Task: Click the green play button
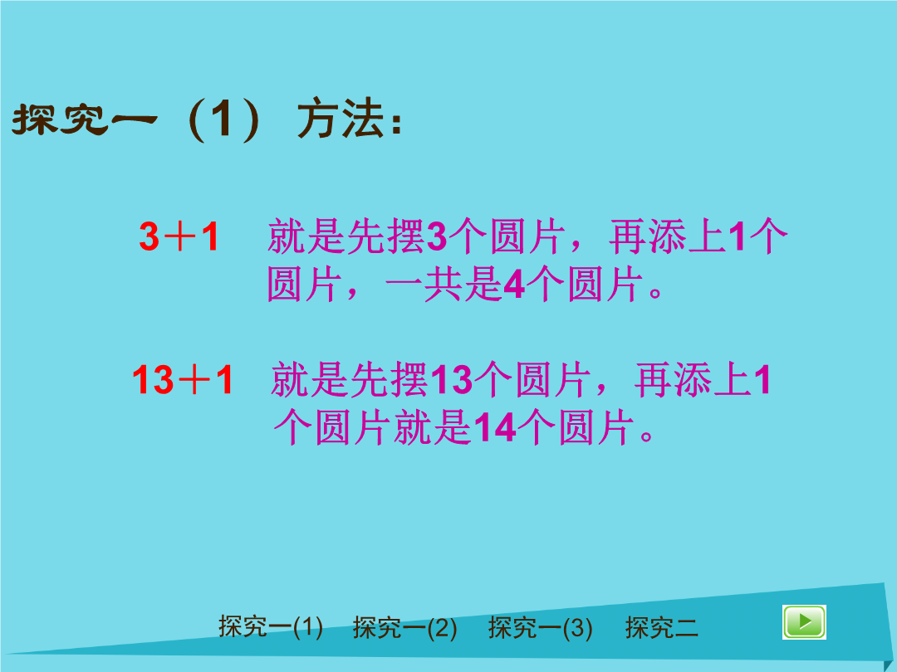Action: (x=804, y=621)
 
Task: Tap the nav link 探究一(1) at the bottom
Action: (x=271, y=627)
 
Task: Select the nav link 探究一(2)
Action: (x=405, y=627)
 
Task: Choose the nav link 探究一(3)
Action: (x=541, y=627)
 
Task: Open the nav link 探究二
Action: (x=662, y=627)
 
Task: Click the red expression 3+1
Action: (x=179, y=236)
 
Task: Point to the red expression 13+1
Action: (x=183, y=379)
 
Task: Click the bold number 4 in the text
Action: (x=514, y=285)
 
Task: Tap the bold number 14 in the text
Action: (x=495, y=427)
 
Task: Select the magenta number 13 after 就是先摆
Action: (x=451, y=379)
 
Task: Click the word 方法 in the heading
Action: (x=341, y=119)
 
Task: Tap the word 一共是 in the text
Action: (x=444, y=285)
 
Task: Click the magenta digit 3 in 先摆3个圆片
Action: (x=437, y=236)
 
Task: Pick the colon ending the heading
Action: (x=396, y=122)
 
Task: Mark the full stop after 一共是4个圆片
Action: (x=655, y=293)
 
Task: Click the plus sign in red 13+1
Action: (x=194, y=380)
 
